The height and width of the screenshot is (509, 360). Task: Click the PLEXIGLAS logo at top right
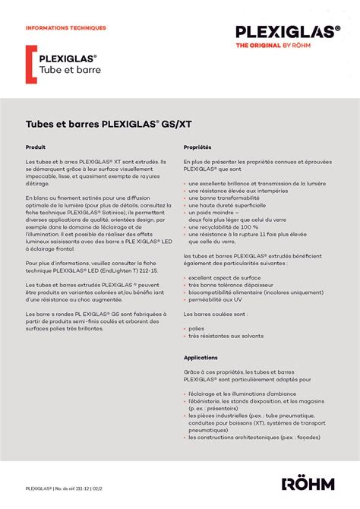click(287, 31)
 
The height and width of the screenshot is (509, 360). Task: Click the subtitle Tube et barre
click(70, 70)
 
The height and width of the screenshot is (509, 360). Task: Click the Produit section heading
click(36, 147)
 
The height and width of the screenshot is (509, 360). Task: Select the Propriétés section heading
click(197, 147)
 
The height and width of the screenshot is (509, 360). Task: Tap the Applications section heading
click(201, 357)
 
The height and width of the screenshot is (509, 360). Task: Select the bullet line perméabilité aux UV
click(216, 299)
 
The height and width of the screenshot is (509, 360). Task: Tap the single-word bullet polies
click(196, 328)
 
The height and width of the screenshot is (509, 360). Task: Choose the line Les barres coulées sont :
click(214, 314)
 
